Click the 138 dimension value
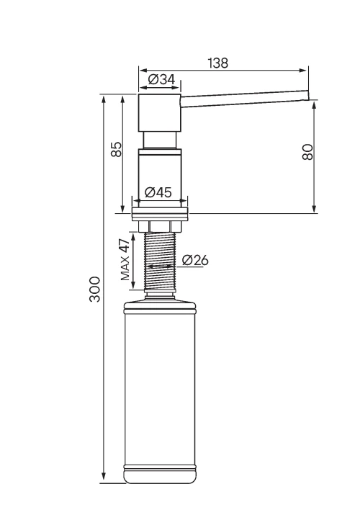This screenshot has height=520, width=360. point(217,63)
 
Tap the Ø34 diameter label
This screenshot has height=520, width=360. point(161,80)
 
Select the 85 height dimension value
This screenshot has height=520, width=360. point(117,149)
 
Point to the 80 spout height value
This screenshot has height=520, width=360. point(307,152)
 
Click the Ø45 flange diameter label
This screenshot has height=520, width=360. point(158,192)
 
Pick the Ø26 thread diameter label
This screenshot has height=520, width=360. point(195,260)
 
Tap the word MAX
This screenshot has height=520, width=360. point(125,268)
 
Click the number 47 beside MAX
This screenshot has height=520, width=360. point(125,246)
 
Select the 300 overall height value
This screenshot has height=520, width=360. point(95,289)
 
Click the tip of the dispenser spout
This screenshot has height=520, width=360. point(308,95)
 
